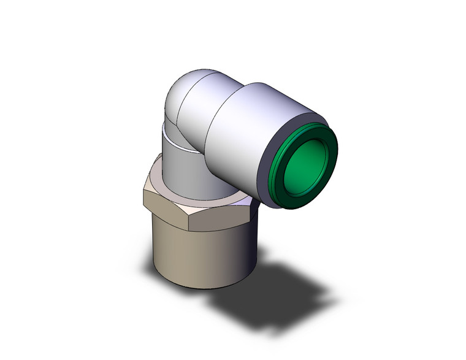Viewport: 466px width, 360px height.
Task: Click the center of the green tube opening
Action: [305, 163]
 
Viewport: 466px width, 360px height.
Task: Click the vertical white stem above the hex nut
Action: [181, 163]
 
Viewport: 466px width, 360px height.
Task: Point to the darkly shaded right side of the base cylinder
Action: [245, 251]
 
